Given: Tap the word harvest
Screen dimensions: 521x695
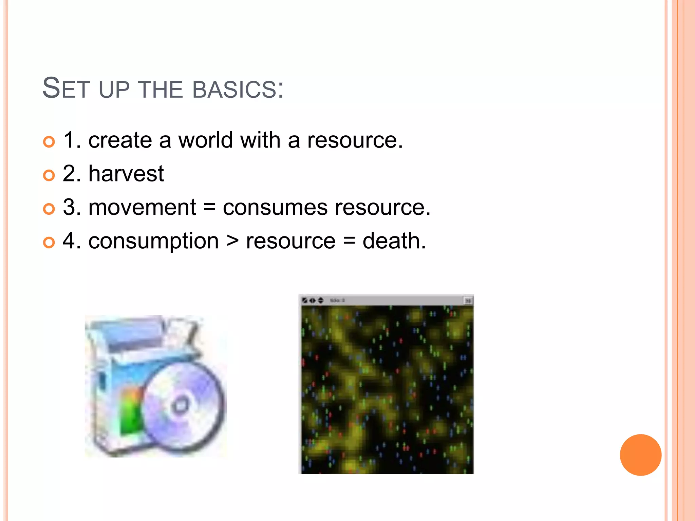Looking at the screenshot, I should tap(126, 174).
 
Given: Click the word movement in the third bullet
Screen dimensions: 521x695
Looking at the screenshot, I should tap(142, 207).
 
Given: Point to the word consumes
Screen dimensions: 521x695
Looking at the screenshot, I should tap(275, 208).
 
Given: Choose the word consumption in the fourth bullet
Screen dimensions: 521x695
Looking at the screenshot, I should tap(153, 241).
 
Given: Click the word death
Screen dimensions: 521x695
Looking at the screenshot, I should tap(394, 241).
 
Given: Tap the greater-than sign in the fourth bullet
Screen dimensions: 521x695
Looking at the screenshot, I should tap(232, 242).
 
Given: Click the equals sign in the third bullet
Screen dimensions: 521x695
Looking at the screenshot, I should tap(209, 208).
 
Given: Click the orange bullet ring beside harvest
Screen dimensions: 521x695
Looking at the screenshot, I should tap(49, 175).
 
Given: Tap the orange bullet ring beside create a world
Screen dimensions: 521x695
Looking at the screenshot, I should tap(49, 142).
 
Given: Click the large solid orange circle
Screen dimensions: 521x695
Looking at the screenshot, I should tap(640, 455).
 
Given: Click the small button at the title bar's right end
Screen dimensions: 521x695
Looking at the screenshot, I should tap(468, 301).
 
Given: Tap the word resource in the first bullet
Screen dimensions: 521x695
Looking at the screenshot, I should tap(355, 140).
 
